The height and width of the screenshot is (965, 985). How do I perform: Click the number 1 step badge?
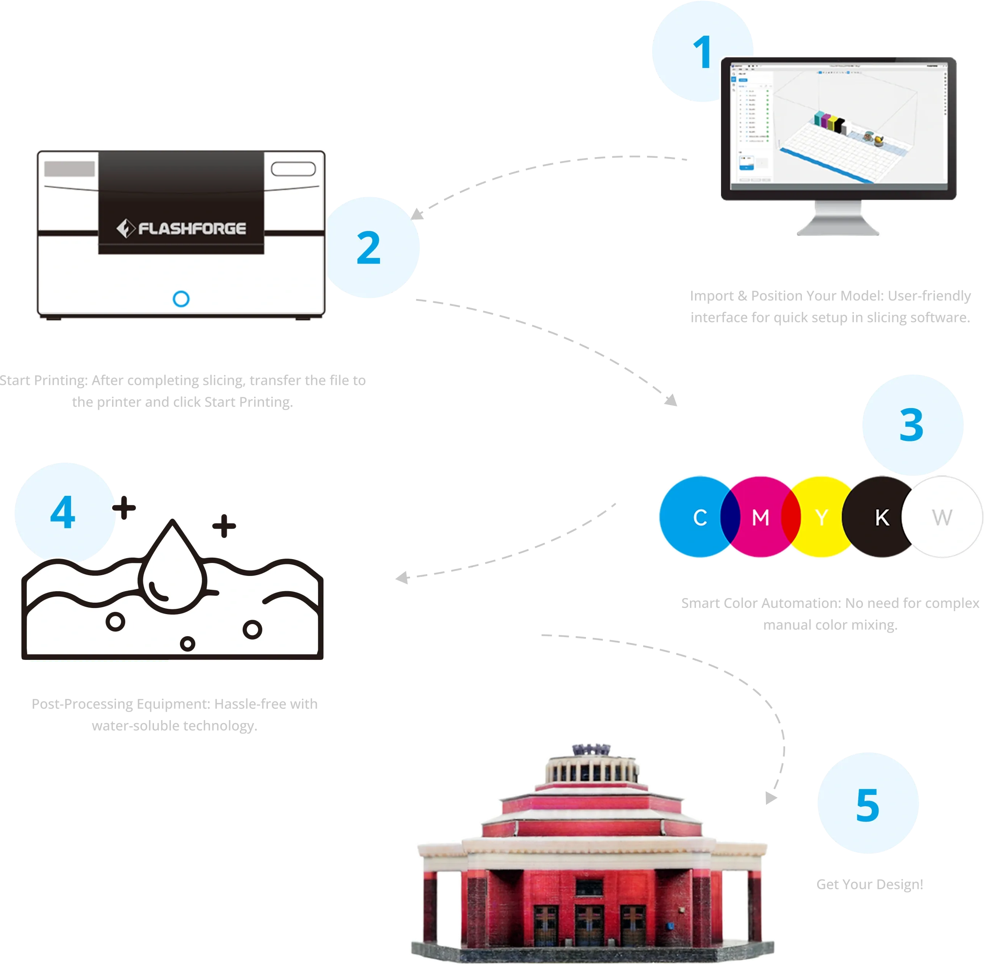702,53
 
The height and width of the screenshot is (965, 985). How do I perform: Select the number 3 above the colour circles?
911,425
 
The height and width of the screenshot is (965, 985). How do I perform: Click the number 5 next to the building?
868,805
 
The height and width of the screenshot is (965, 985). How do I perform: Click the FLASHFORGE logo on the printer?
182,228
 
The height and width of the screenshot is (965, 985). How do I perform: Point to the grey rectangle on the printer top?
69,169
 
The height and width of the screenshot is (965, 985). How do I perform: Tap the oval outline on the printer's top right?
293,169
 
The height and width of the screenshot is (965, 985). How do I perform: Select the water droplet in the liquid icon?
172,563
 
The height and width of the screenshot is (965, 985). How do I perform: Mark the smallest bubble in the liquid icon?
188,644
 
